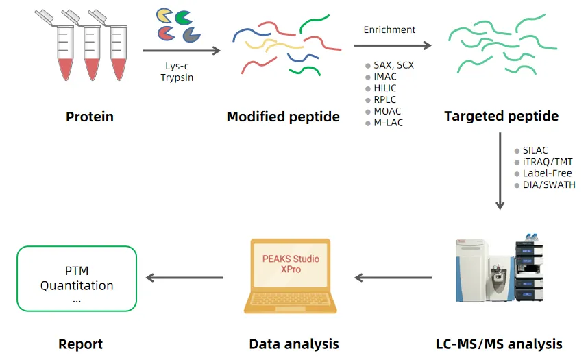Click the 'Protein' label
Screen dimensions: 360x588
[x=89, y=117]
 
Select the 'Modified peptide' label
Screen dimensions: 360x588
[x=283, y=117]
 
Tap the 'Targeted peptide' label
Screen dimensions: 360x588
[x=501, y=116]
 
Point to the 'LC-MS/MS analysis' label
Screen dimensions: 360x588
[x=499, y=344]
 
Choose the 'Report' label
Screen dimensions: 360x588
[x=80, y=344]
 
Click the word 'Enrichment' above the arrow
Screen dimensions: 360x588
[x=389, y=29]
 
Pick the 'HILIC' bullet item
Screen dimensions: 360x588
[x=385, y=88]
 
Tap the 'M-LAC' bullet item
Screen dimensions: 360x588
[x=388, y=123]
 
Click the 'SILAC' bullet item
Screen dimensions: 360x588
[x=535, y=150]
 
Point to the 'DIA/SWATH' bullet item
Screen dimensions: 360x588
[x=548, y=185]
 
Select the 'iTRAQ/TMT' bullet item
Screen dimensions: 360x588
[x=547, y=162]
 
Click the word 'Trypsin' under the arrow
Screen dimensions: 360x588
[x=177, y=77]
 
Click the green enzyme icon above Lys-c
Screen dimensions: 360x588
[x=183, y=17]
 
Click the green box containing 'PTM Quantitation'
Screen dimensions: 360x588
[x=77, y=278]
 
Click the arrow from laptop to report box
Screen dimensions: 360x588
[x=185, y=278]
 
